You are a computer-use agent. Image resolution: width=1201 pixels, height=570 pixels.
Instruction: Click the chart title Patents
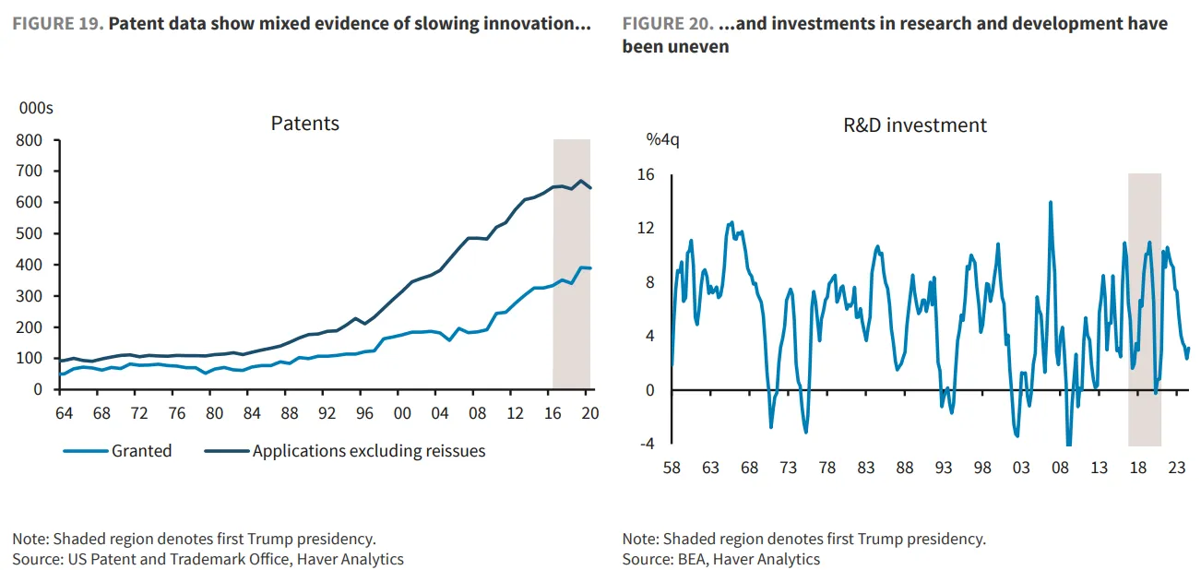(x=304, y=124)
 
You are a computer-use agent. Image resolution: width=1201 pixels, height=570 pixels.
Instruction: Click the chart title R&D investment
(x=915, y=125)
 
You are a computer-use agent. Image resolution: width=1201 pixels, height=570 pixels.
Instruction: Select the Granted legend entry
(x=141, y=451)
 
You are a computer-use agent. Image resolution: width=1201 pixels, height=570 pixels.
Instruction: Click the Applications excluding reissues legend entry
(x=368, y=451)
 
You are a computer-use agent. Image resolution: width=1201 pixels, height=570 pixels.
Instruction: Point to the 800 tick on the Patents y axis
(x=30, y=140)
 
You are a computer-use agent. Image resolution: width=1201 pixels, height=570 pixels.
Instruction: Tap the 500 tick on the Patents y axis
(x=30, y=233)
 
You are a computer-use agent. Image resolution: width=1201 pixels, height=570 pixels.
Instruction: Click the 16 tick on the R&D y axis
(x=646, y=173)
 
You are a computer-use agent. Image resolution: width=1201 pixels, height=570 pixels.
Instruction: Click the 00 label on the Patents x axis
(x=401, y=413)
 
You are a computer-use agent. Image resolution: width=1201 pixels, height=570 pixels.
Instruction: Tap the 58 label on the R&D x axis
(x=672, y=468)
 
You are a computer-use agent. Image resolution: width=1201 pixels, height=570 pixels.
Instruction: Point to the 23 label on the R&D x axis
(x=1176, y=468)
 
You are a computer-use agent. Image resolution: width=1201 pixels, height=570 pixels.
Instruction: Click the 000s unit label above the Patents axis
(x=36, y=108)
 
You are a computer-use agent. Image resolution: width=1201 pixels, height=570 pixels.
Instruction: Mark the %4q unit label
(x=663, y=140)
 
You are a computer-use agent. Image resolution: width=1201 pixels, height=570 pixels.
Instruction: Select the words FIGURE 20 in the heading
(x=668, y=23)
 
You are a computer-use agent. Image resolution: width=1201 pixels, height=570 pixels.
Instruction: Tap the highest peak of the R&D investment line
(x=1050, y=202)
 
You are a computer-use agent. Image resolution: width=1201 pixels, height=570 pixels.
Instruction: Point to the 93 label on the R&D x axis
(x=943, y=468)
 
